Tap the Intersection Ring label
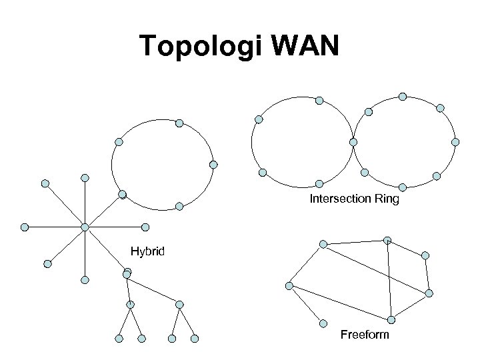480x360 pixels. click(x=354, y=199)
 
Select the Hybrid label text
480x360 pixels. click(x=147, y=252)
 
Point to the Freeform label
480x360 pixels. click(x=364, y=334)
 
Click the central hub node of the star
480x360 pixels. click(x=85, y=227)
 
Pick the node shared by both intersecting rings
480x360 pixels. click(x=353, y=142)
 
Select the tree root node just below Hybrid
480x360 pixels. click(x=127, y=272)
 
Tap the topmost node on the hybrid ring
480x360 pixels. click(x=179, y=123)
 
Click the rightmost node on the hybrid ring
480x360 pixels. click(x=213, y=164)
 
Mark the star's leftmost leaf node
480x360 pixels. click(x=24, y=227)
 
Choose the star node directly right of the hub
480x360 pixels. click(x=145, y=227)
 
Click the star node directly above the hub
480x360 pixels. click(x=85, y=178)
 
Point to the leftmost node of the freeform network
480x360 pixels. click(x=289, y=285)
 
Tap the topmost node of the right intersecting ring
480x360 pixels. click(x=403, y=96)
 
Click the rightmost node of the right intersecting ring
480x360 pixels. click(x=455, y=142)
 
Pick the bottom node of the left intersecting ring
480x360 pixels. click(x=319, y=183)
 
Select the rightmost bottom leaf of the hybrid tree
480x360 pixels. click(x=195, y=339)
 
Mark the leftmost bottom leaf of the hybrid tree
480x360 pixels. click(x=119, y=339)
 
